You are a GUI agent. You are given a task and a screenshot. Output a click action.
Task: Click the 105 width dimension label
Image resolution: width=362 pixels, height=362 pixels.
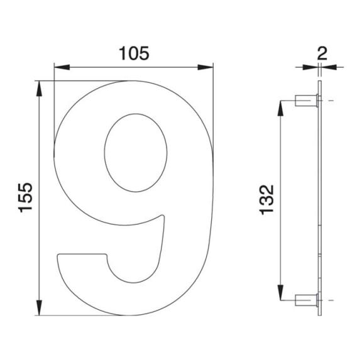(x=134, y=53)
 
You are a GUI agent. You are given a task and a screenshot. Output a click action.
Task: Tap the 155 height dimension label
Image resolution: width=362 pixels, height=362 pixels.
(x=25, y=197)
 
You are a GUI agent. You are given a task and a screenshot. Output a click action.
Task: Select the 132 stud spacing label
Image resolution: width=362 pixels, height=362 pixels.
(x=266, y=200)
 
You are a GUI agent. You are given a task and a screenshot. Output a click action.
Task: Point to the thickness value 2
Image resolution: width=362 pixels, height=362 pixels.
(x=322, y=53)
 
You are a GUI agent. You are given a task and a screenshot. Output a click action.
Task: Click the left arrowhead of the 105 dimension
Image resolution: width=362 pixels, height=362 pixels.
(x=62, y=67)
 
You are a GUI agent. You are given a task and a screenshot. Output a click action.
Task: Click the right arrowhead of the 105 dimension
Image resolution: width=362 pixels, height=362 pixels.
(x=206, y=67)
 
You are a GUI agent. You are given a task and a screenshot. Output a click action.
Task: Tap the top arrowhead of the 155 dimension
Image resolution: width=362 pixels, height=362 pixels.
(x=39, y=89)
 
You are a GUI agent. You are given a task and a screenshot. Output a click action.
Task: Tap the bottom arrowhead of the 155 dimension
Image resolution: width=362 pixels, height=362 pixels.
(x=39, y=307)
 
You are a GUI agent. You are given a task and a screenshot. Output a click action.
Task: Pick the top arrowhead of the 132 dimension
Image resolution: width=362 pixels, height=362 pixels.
(x=280, y=108)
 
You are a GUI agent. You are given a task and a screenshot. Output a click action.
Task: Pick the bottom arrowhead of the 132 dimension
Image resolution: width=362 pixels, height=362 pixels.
(x=280, y=293)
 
